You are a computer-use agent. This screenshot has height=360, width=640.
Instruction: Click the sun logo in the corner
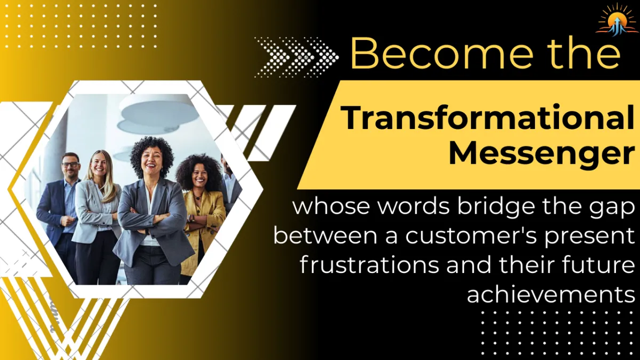[x=616, y=20]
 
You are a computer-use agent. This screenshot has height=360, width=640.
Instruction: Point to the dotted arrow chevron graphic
[x=296, y=56]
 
